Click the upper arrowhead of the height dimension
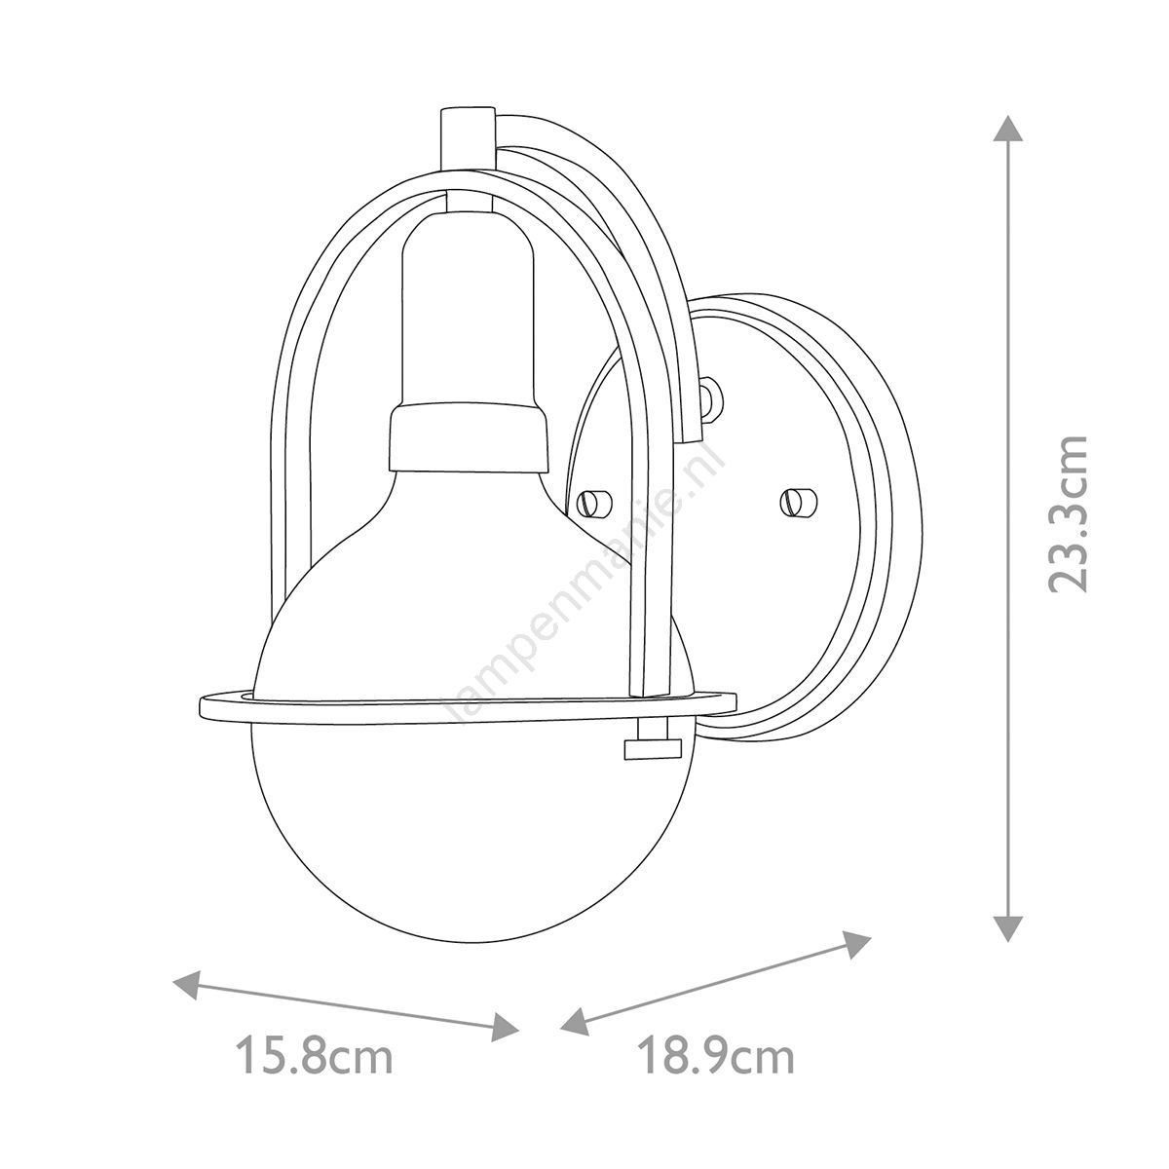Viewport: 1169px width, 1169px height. [x=1006, y=136]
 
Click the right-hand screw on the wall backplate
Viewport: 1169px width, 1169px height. [x=799, y=501]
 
